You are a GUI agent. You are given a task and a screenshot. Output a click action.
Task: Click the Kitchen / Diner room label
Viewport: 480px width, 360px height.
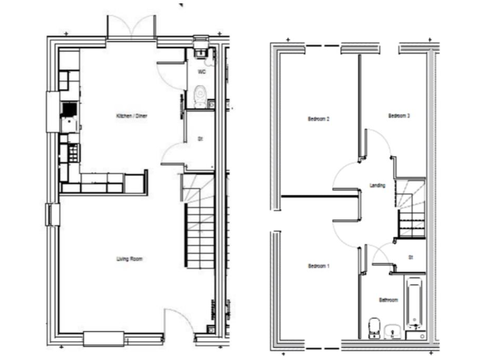coord(131,116)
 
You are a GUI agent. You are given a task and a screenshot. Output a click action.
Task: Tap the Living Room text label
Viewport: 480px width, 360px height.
coord(129,258)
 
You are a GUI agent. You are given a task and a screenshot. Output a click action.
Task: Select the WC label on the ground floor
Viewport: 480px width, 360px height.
coord(201,72)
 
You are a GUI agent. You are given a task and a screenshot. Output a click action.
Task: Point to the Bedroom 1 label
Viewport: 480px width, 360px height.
coord(319,266)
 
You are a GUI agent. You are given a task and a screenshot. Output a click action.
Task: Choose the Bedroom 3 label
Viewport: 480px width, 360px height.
coord(399,116)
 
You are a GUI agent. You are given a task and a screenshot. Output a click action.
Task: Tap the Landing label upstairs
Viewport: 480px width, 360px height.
coord(377,185)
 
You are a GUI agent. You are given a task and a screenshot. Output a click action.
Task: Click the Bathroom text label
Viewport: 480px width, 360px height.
coord(388,300)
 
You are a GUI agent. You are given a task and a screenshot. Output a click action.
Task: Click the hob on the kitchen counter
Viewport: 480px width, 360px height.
coord(69,109)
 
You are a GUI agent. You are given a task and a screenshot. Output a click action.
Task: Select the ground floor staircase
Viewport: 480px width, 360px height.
coord(199,225)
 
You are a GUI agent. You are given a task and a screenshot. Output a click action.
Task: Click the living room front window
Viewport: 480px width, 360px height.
coord(104,338)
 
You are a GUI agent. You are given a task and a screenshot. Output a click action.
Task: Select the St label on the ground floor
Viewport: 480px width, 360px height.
coord(199,139)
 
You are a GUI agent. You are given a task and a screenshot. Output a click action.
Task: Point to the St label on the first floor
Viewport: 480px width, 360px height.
coord(411,256)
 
